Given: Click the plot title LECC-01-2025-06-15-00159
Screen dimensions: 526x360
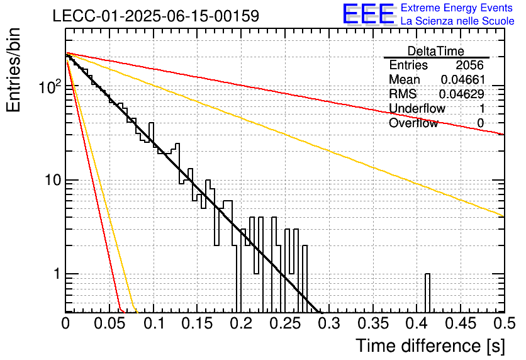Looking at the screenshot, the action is click(x=156, y=16).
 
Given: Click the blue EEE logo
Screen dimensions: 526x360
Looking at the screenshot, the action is click(x=368, y=14).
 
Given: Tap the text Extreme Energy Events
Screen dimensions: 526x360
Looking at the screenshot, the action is click(x=457, y=8).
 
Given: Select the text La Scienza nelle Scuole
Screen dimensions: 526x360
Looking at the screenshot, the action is click(x=457, y=21).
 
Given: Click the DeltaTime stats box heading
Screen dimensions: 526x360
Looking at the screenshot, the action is click(x=436, y=51).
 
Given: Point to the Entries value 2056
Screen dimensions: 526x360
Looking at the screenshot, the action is click(x=469, y=65).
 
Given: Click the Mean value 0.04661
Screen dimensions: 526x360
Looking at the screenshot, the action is click(x=463, y=79).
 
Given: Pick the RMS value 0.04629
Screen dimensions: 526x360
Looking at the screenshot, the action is click(x=462, y=94).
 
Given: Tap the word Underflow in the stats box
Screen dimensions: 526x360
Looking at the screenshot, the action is click(x=417, y=108).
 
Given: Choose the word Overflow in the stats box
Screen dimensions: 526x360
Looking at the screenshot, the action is click(x=413, y=123).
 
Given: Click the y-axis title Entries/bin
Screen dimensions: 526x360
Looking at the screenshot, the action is click(x=13, y=70).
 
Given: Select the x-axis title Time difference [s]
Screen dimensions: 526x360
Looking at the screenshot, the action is click(x=430, y=346).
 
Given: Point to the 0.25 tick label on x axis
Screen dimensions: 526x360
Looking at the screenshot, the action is click(x=285, y=323).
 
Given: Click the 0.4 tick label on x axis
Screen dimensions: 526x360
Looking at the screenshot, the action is click(x=417, y=323).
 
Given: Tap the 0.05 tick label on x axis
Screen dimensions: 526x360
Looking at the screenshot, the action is click(x=109, y=323).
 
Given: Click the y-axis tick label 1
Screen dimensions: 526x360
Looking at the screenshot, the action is click(x=57, y=274).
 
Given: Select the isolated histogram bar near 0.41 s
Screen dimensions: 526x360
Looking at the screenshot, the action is click(x=427, y=293).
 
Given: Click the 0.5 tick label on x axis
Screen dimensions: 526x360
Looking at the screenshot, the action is click(x=504, y=323).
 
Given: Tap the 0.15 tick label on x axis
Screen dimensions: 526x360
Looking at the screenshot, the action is click(x=198, y=323).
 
